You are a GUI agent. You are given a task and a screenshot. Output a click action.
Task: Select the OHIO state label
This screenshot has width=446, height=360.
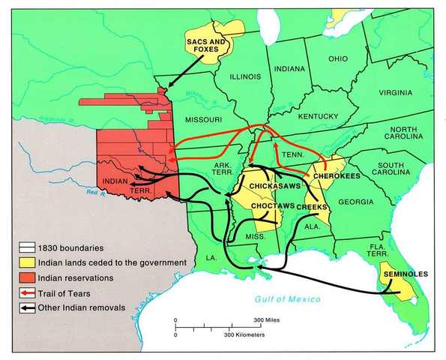tap(337, 58)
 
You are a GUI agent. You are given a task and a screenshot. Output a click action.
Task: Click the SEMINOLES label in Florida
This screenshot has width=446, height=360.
tap(405, 274)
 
